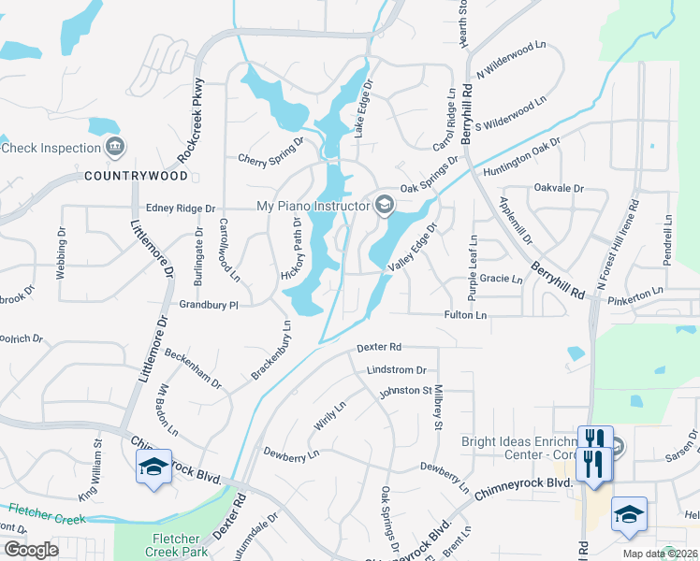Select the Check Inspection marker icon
tap(116, 147)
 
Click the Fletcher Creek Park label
tap(175, 545)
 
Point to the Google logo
tap(32, 549)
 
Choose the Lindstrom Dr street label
tap(397, 370)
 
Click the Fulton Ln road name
tap(465, 316)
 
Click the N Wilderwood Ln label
tap(511, 59)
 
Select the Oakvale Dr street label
tap(559, 188)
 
